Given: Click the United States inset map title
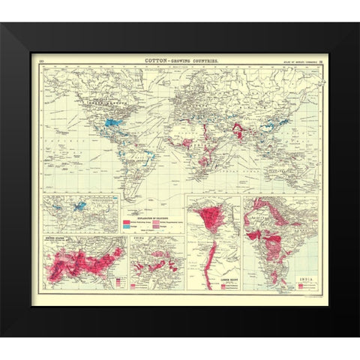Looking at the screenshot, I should coord(57,241).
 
